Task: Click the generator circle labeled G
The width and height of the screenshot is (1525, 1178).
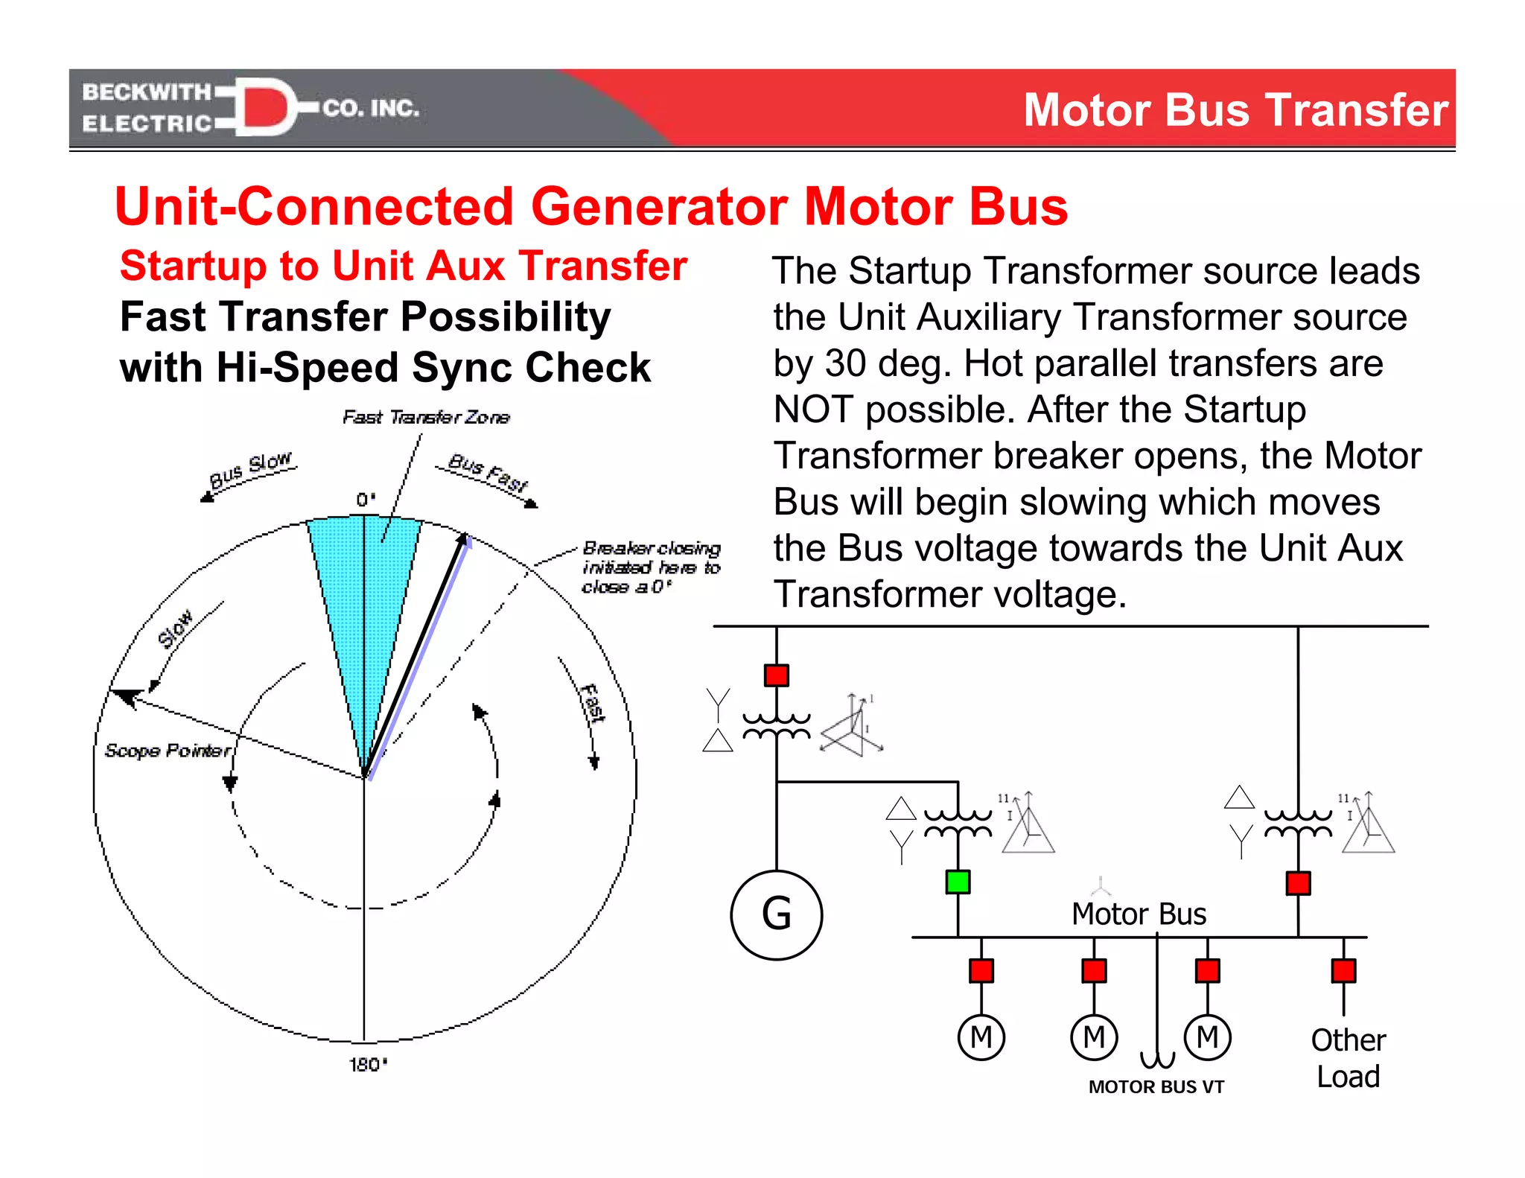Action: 776,914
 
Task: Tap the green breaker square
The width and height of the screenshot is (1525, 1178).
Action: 958,882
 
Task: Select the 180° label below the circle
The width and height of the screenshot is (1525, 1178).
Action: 368,1065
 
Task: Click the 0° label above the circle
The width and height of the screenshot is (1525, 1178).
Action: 366,500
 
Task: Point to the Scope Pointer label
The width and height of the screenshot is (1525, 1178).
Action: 168,751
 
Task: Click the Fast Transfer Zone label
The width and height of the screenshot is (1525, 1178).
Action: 426,418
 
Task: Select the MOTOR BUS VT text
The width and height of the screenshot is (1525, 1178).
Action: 1156,1087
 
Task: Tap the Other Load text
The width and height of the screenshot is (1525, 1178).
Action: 1348,1058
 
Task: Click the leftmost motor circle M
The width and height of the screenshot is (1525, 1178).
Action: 981,1037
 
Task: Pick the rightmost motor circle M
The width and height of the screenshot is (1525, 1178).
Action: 1207,1037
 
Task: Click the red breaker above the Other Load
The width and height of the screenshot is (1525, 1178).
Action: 1343,971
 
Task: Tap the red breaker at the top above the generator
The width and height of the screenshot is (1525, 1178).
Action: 776,675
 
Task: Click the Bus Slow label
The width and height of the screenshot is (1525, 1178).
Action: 250,471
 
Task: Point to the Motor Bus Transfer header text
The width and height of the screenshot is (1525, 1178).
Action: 1235,110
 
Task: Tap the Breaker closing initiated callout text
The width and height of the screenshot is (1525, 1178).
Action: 651,568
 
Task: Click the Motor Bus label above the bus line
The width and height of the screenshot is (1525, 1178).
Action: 1139,914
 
